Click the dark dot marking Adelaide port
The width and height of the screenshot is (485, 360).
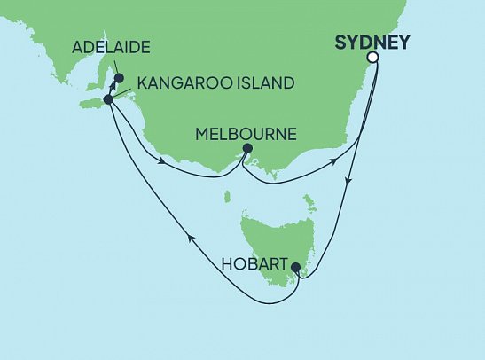coord(119,77)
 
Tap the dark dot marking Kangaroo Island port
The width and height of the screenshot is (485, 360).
coord(108,99)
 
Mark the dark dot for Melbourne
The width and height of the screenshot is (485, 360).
coord(246,148)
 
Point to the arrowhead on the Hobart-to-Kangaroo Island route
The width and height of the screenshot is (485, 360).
coord(187,234)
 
